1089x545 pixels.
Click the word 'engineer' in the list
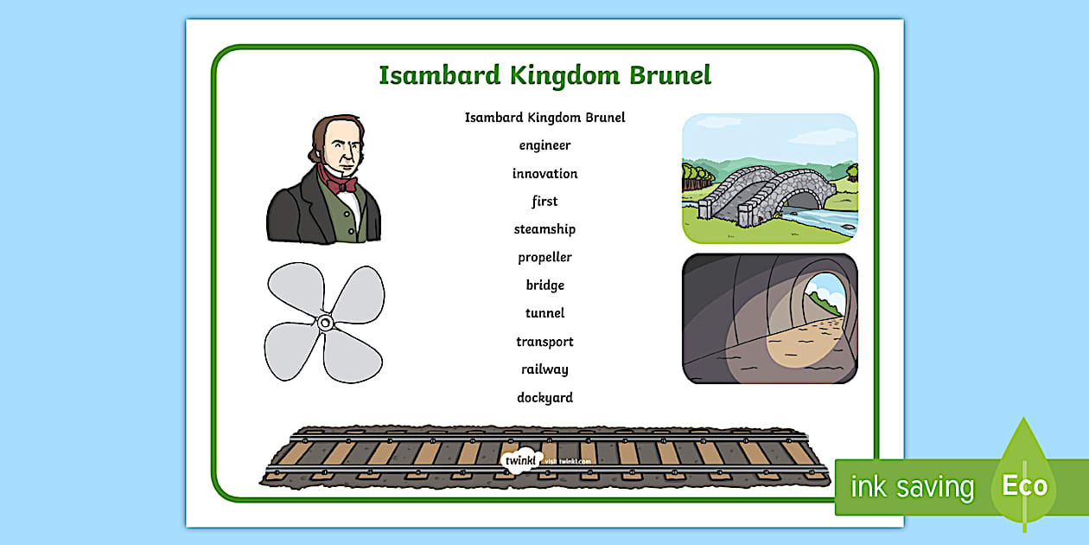coord(544,145)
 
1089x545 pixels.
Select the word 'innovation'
coord(544,174)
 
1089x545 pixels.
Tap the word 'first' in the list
coord(544,202)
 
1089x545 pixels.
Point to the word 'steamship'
coord(544,229)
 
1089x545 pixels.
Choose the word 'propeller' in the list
coord(544,258)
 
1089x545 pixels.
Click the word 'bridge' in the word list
coord(544,285)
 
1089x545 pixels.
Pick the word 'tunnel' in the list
coord(544,313)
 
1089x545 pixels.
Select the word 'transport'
coord(544,342)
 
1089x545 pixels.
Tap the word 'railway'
coord(544,369)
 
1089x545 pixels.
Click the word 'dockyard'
coord(544,398)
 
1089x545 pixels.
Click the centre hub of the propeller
coord(325,323)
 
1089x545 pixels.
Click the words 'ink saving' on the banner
coord(911,487)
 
